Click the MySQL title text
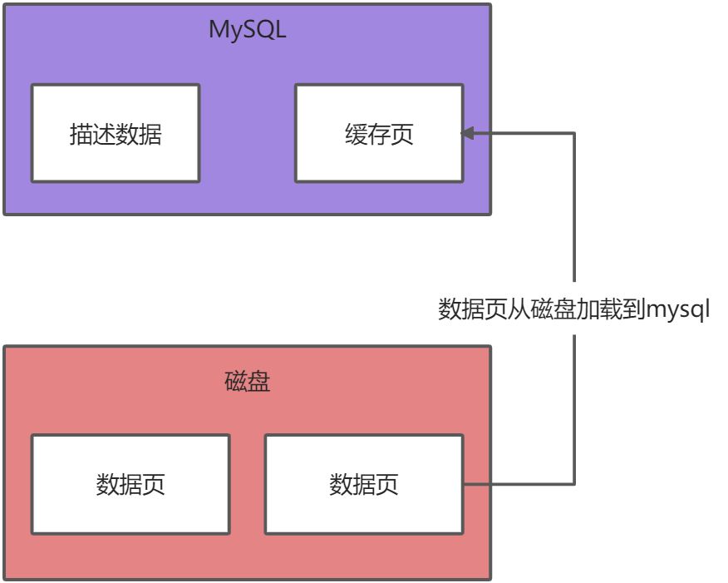pyautogui.click(x=247, y=30)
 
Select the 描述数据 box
pyautogui.click(x=116, y=133)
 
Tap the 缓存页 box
pyautogui.click(x=379, y=133)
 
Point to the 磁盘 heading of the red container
pyautogui.click(x=247, y=382)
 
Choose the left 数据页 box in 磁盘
pyautogui.click(x=130, y=484)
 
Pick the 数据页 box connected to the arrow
pyautogui.click(x=364, y=484)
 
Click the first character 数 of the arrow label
pyautogui.click(x=450, y=310)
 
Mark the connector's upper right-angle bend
pyautogui.click(x=574, y=133)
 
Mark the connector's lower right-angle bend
pyautogui.click(x=574, y=484)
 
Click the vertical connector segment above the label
pyautogui.click(x=574, y=208)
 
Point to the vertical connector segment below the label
pyautogui.click(x=574, y=408)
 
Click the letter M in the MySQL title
pyautogui.click(x=219, y=30)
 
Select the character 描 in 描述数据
pyautogui.click(x=81, y=134)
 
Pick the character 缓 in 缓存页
pyautogui.click(x=356, y=134)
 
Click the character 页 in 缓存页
pyautogui.click(x=402, y=134)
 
